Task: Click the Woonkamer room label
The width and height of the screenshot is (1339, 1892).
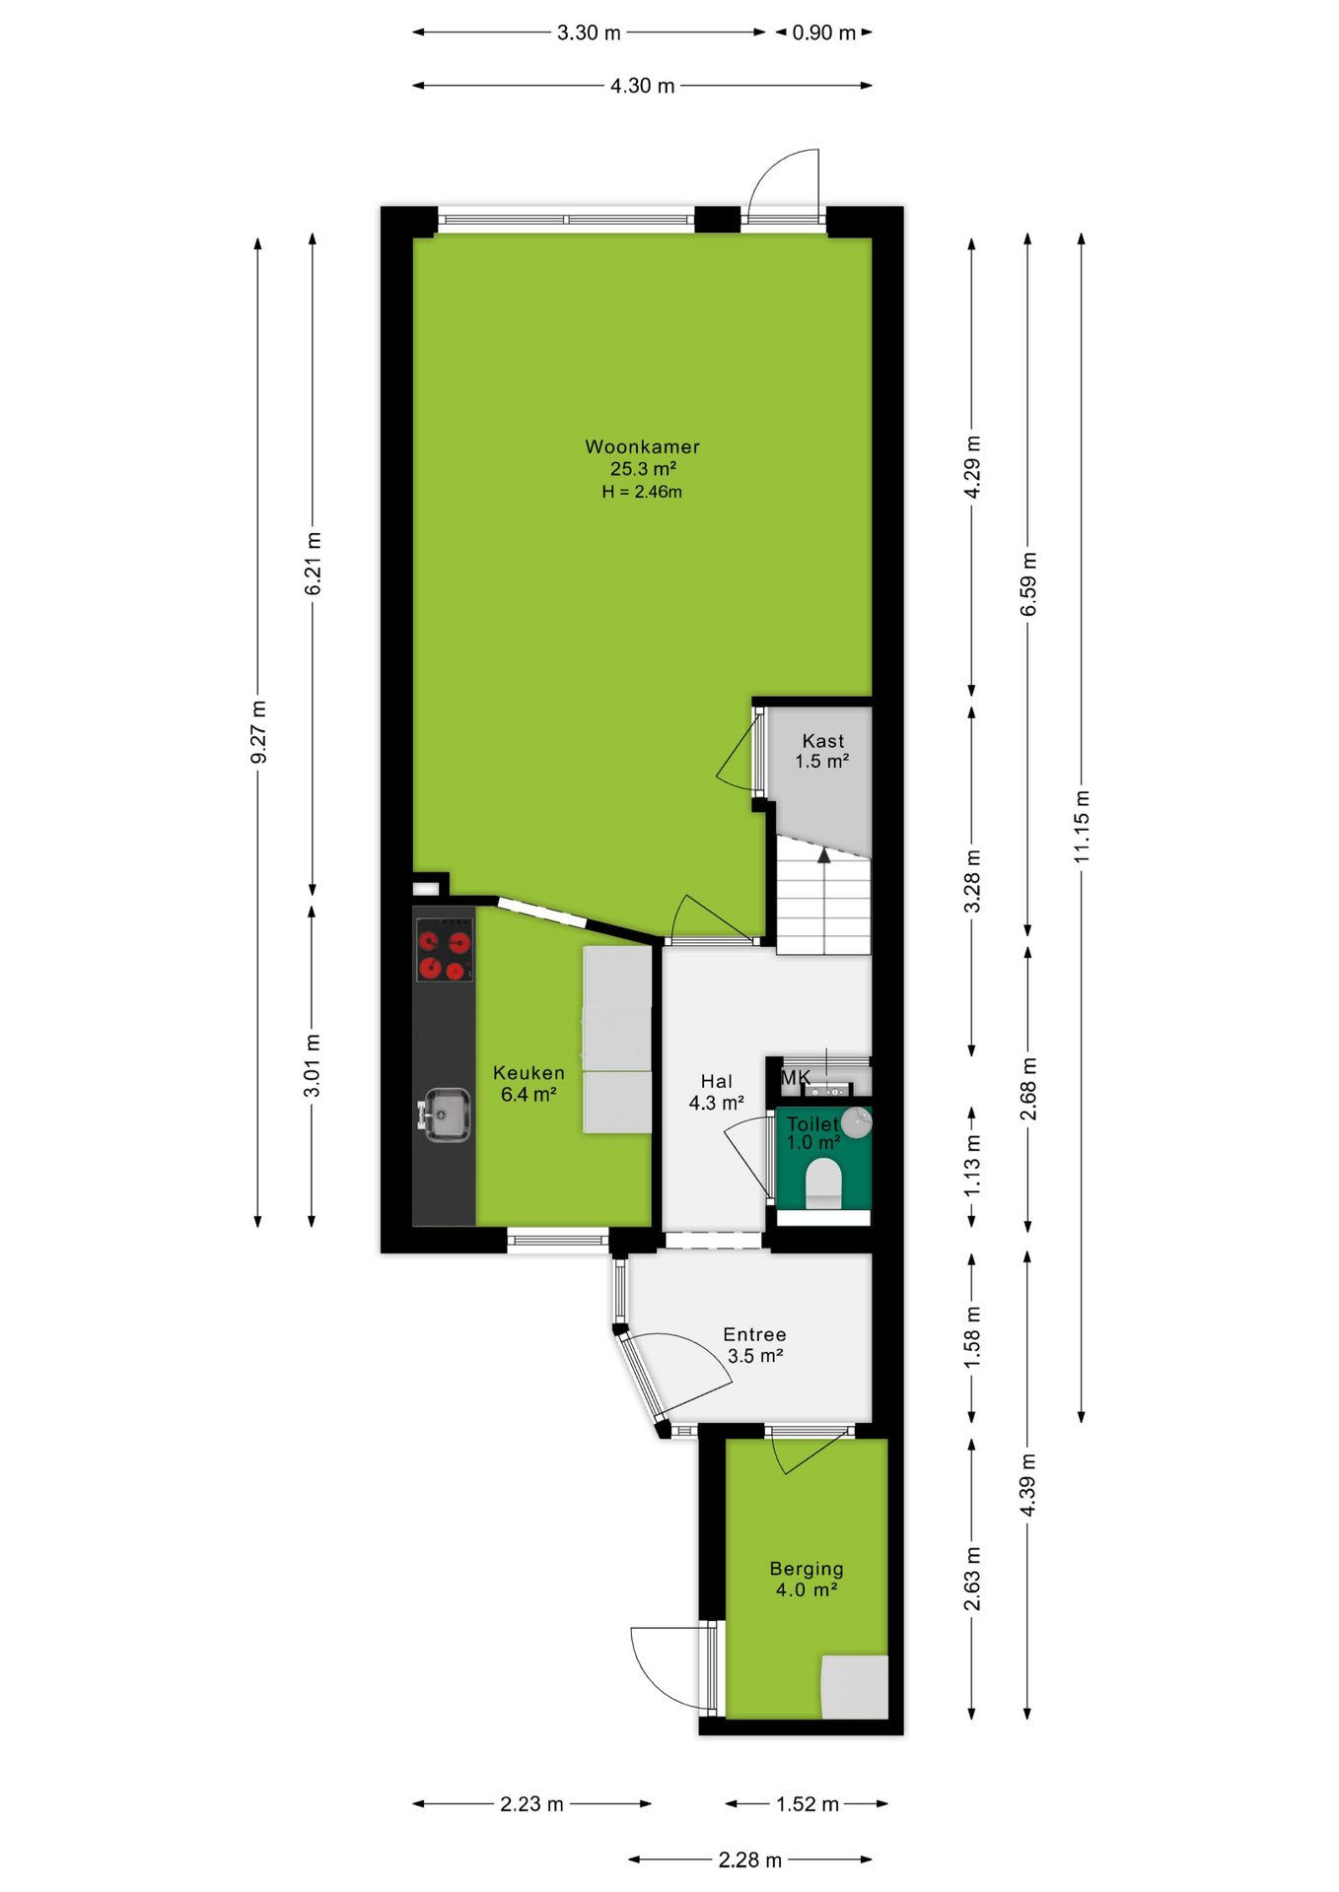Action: [642, 446]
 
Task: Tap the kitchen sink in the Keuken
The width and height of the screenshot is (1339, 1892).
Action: [446, 1115]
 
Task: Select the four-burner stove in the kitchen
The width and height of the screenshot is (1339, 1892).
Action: [444, 950]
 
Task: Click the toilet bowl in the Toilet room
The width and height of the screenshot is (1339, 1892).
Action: [823, 1182]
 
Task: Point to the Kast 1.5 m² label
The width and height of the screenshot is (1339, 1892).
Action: [822, 751]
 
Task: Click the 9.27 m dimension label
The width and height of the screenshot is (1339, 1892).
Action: [258, 732]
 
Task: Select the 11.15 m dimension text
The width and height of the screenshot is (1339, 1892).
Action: [1082, 827]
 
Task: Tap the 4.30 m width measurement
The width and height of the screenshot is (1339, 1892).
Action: [642, 86]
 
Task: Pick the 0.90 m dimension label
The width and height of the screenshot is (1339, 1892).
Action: [824, 33]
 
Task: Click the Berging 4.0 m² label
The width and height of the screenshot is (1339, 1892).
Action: [807, 1579]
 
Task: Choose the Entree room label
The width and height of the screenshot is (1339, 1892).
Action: [754, 1334]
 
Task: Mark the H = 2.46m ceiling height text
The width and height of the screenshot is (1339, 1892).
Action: [642, 492]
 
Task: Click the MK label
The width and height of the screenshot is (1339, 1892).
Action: [795, 1078]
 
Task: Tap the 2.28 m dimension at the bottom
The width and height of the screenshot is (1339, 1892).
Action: [749, 1859]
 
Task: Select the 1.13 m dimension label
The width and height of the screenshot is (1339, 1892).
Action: [972, 1166]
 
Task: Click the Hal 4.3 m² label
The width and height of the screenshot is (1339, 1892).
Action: [716, 1092]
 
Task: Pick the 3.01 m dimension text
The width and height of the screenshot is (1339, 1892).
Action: [312, 1066]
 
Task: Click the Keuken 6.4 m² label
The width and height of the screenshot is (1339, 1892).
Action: [529, 1083]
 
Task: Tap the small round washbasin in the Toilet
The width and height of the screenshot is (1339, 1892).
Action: [857, 1122]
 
